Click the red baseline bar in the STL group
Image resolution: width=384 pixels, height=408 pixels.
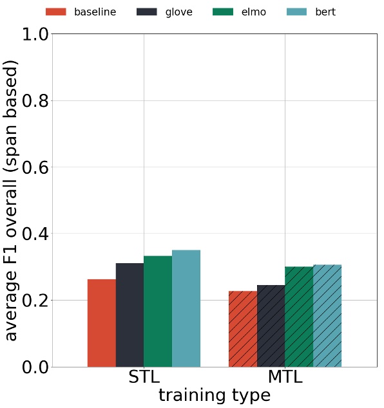coord(102,323)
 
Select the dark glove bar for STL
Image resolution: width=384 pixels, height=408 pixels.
coord(130,315)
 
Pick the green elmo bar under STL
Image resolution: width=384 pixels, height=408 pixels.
coord(158,311)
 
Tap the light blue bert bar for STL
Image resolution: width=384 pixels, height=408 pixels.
coord(186,308)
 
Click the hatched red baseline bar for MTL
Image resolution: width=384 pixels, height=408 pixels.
coord(243,329)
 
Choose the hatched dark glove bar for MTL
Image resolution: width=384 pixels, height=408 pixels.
coord(271,326)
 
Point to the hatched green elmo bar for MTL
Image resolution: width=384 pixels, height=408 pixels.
coord(299,317)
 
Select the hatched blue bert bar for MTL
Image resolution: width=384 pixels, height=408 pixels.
coord(327,315)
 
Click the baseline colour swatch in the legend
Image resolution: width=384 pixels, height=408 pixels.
coord(56,12)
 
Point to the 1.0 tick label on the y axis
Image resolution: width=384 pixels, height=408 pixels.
coord(35,34)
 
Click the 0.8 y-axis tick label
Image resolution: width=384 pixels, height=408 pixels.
coord(35,101)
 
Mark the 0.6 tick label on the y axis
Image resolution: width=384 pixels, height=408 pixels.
coord(35,167)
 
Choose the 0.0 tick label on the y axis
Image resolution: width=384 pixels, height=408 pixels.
coord(35,367)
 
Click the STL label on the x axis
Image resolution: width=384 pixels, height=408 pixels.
coord(144,377)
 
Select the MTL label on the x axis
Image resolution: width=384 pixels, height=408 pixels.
coord(285,377)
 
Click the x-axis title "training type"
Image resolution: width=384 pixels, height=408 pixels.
coord(214,395)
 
